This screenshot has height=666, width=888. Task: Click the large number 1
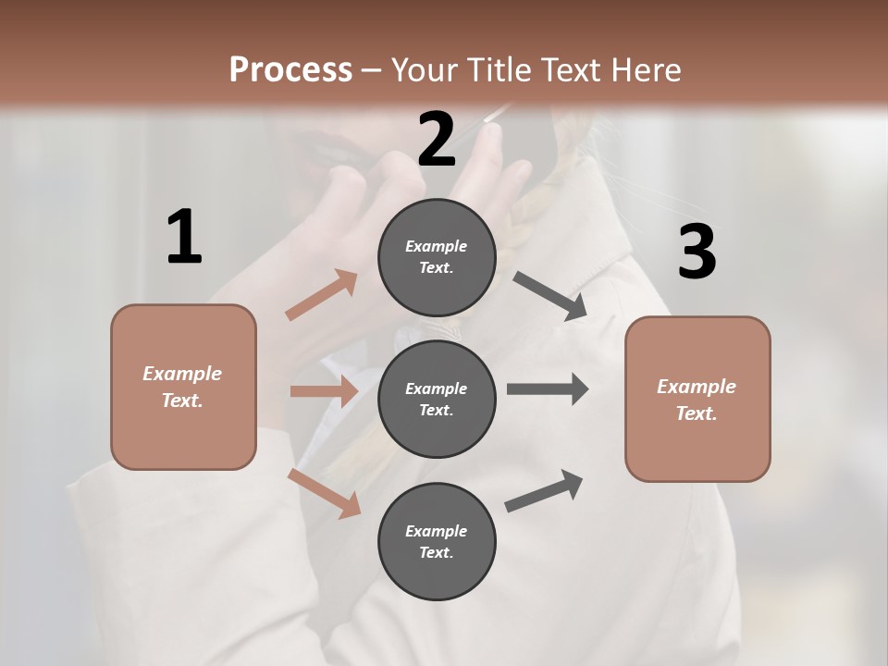[184, 238]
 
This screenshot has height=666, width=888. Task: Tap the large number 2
[437, 139]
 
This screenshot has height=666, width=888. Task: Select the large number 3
[697, 253]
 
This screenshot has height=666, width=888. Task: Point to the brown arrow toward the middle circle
[324, 391]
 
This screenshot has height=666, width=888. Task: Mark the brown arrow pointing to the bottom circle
[325, 492]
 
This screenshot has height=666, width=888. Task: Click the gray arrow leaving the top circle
[550, 295]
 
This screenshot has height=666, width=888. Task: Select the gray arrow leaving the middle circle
[548, 389]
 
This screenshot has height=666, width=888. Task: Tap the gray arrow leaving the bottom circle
[544, 490]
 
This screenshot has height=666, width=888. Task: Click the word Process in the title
[290, 69]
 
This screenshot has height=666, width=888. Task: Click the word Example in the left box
[182, 374]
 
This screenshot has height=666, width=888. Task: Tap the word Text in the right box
[696, 413]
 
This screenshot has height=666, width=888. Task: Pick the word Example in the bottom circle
[436, 531]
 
